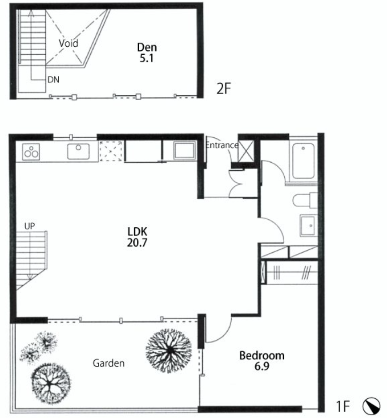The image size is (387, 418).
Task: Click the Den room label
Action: (147, 48)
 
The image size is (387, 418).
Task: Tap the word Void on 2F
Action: (69, 43)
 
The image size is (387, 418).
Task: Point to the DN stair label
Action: (53, 80)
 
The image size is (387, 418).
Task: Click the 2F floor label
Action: (223, 88)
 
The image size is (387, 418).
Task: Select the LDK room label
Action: (137, 232)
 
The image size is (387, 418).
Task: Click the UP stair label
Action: (30, 226)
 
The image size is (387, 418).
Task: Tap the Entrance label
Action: (222, 145)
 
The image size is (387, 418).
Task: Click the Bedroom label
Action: (262, 356)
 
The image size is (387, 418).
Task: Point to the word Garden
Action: (109, 363)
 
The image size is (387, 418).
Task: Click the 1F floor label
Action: (343, 406)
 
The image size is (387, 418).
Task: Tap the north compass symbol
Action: (371, 406)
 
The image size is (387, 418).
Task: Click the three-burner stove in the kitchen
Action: (31, 152)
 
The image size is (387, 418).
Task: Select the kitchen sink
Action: (78, 152)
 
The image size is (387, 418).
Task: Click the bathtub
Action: (303, 161)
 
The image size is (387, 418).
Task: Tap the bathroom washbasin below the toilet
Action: (309, 225)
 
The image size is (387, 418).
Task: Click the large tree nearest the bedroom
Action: (169, 350)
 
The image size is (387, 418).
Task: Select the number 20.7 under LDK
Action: (137, 243)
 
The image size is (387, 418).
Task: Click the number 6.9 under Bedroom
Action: (262, 366)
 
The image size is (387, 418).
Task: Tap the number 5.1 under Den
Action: (147, 58)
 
